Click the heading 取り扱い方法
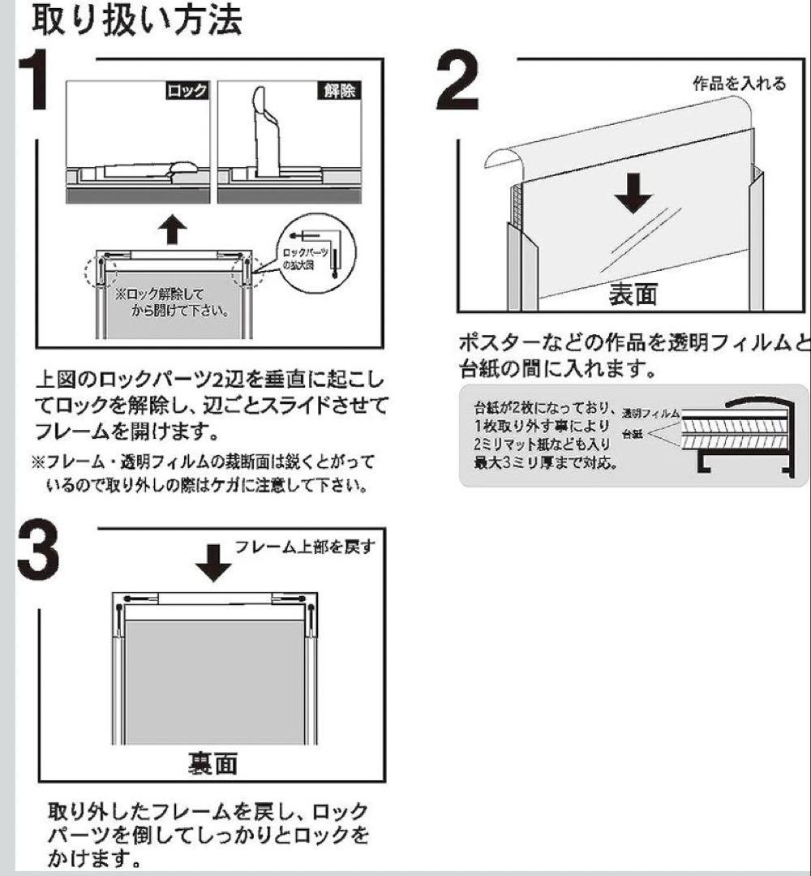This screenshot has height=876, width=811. click(136, 22)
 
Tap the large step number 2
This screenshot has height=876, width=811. click(468, 84)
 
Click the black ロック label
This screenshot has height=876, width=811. click(187, 91)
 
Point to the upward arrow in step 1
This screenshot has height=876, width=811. click(171, 230)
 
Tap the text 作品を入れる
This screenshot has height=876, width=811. click(738, 84)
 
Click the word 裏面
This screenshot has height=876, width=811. click(213, 764)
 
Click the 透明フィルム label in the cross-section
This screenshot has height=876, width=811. click(650, 413)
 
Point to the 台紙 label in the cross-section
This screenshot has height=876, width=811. click(633, 435)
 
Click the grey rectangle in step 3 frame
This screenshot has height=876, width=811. click(213, 681)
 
